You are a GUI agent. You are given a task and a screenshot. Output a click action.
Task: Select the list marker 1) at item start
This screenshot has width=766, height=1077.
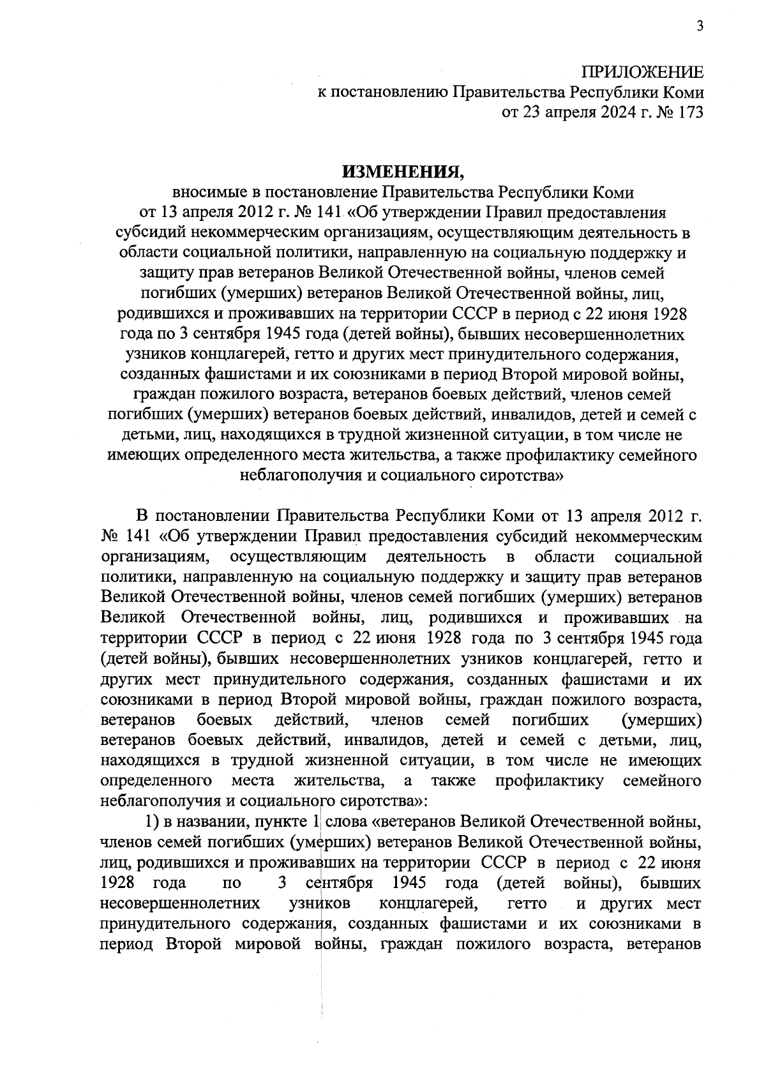(153, 821)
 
